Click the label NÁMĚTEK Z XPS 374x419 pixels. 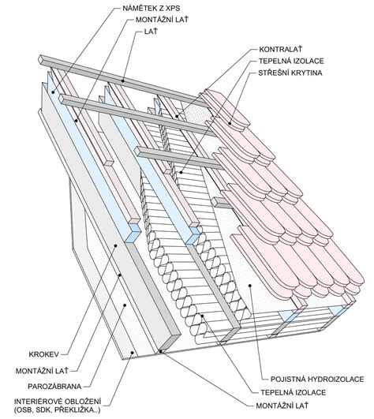pos(151,8)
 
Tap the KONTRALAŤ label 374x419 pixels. pos(281,49)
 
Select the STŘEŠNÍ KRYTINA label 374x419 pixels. pos(290,73)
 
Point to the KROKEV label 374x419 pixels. pos(44,354)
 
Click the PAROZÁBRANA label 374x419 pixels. pos(54,386)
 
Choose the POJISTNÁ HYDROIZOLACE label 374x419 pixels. pos(317,379)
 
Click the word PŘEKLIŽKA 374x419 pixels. pos(76,410)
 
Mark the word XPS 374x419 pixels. pos(173,8)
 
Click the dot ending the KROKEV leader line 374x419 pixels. pos(116,245)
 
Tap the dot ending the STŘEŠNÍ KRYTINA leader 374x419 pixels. pos(230,123)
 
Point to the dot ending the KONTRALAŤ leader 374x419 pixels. pos(177,116)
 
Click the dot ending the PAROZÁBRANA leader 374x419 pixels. pos(125,305)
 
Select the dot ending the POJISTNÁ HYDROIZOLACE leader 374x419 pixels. pos(250,286)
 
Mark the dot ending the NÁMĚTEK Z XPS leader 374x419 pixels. pos(53,92)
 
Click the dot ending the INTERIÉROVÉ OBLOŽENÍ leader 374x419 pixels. pos(132,353)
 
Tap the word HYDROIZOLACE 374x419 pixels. pos(336,379)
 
